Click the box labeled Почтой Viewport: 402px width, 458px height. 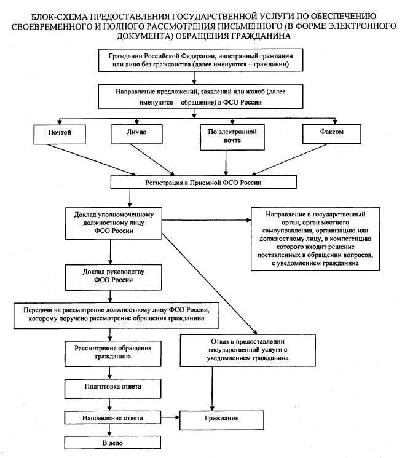[x=60, y=135]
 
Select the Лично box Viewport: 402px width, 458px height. [x=136, y=134]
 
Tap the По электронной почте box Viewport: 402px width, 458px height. [x=232, y=137]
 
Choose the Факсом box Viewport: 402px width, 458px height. [x=331, y=134]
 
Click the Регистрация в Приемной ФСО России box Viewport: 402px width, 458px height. [x=203, y=182]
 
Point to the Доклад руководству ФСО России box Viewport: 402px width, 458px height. [x=113, y=277]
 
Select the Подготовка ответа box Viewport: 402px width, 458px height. [x=112, y=389]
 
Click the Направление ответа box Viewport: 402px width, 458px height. [x=112, y=417]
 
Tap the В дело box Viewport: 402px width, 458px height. [x=112, y=443]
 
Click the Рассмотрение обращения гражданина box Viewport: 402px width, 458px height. [x=112, y=353]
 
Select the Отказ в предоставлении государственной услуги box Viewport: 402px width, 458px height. [x=248, y=350]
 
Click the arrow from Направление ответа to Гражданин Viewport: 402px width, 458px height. [x=170, y=417]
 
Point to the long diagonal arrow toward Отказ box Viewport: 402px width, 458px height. [x=209, y=283]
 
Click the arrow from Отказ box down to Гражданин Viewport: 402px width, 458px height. [x=213, y=389]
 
